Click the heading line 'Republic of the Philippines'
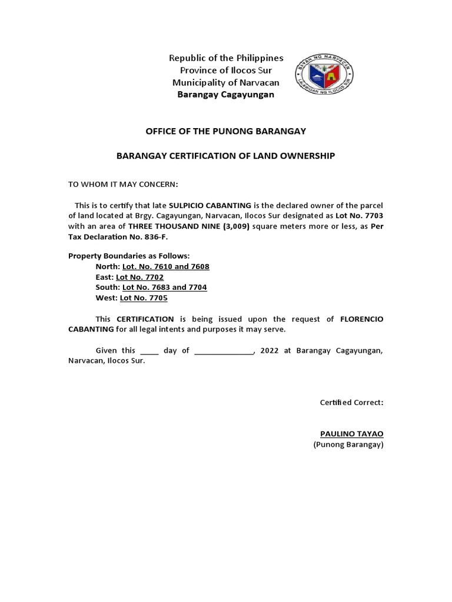226,58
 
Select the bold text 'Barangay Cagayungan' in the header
226,95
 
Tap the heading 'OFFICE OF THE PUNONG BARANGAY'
226,131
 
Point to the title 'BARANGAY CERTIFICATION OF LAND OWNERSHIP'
226,156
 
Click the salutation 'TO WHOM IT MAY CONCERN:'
122,184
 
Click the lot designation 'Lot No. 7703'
359,216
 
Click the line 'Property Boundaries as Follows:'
129,256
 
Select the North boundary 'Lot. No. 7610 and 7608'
165,266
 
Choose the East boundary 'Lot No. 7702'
139,277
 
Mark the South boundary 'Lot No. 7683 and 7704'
164,287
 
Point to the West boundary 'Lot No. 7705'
144,298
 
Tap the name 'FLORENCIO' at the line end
362,319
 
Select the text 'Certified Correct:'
351,403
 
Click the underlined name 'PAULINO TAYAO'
351,434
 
